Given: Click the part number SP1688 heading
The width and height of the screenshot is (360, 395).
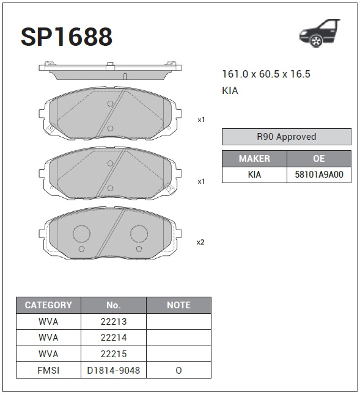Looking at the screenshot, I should click(x=67, y=37).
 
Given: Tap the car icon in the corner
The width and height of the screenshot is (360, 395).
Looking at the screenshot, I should click(x=318, y=32).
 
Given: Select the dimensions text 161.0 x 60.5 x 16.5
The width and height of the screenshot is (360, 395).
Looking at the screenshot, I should click(x=266, y=74).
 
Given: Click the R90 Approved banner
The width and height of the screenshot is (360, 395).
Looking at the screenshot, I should click(x=286, y=137).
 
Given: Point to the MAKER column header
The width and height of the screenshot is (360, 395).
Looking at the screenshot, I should click(x=254, y=158).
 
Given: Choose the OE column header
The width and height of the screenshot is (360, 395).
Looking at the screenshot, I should click(x=318, y=158).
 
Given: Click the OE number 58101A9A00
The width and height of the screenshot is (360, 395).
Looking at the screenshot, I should click(x=318, y=174).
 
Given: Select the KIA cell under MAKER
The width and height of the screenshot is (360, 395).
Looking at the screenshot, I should click(x=254, y=174).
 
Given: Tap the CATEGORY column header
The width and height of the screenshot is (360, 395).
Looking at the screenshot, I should click(x=48, y=305).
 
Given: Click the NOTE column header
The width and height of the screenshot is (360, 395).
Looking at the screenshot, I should click(x=178, y=305).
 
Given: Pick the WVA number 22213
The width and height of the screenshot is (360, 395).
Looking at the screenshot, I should click(x=114, y=321).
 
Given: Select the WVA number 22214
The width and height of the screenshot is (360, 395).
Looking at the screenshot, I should click(x=114, y=337).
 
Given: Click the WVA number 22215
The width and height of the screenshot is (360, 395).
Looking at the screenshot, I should click(x=114, y=353).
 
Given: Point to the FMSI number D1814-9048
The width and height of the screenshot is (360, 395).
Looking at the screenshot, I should click(x=114, y=370).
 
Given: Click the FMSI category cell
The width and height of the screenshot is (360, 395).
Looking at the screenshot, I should click(x=48, y=370).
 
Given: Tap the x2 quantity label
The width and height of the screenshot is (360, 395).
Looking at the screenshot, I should click(x=200, y=242).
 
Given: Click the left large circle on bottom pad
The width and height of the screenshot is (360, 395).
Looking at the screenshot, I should click(x=81, y=234).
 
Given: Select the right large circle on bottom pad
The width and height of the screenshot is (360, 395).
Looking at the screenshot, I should click(x=140, y=234).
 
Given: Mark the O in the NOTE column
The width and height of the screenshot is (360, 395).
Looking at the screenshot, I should click(x=178, y=370).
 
